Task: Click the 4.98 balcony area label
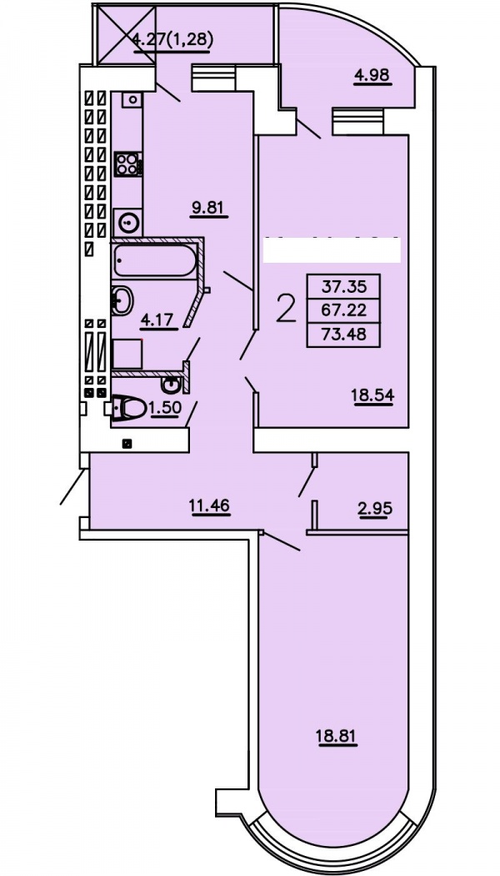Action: point(373,74)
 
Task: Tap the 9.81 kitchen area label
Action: point(207,208)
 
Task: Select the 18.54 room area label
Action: point(372,395)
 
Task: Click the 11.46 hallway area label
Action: point(211,506)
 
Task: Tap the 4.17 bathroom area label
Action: point(160,320)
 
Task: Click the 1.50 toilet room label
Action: point(165,409)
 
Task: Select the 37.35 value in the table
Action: point(343,287)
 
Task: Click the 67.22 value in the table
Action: point(343,310)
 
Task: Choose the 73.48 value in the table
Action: point(343,334)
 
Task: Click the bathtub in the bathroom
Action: point(154,261)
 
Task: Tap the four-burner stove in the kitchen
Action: point(128,164)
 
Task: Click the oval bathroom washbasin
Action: point(122,301)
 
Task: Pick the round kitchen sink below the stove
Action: point(128,223)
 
